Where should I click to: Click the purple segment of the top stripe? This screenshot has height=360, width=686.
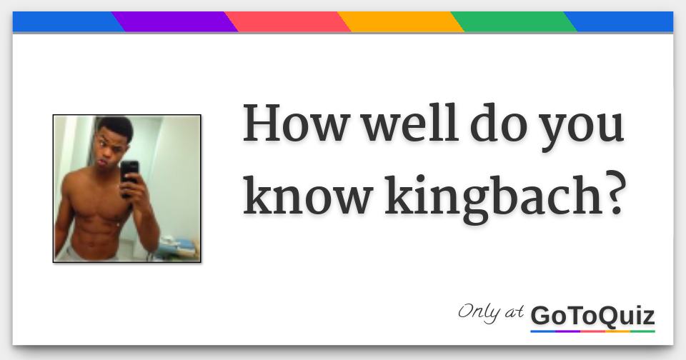coord(175,22)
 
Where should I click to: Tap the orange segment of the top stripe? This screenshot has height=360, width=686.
coord(400,22)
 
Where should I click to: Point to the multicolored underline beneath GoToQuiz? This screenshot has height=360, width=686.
coord(592,331)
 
